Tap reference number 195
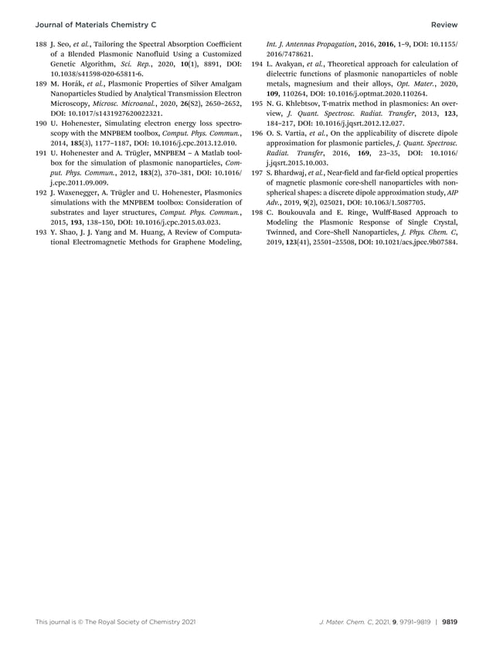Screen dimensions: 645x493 click(260, 111)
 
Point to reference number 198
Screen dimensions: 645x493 click(260, 211)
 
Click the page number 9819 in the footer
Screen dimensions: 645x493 click(450, 621)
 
